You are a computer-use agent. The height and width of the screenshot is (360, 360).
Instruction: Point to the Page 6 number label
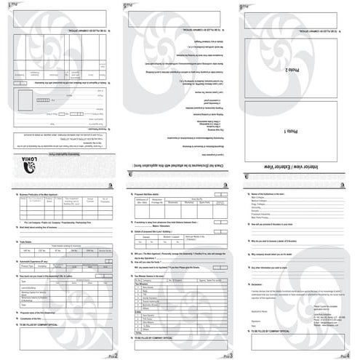coord(245,5)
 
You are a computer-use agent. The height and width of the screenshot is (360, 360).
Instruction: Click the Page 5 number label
coord(129,5)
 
